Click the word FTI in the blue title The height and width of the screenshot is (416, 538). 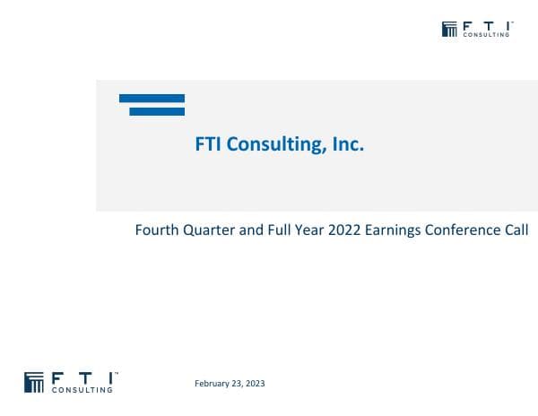click(209, 144)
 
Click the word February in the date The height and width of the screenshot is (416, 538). click(213, 384)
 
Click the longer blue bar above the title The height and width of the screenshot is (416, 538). click(152, 99)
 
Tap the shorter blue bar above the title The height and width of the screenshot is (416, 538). click(157, 111)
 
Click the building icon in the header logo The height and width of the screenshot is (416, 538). click(450, 29)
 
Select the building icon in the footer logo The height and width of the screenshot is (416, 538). click(35, 381)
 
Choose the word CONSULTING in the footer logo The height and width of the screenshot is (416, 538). click(84, 390)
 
